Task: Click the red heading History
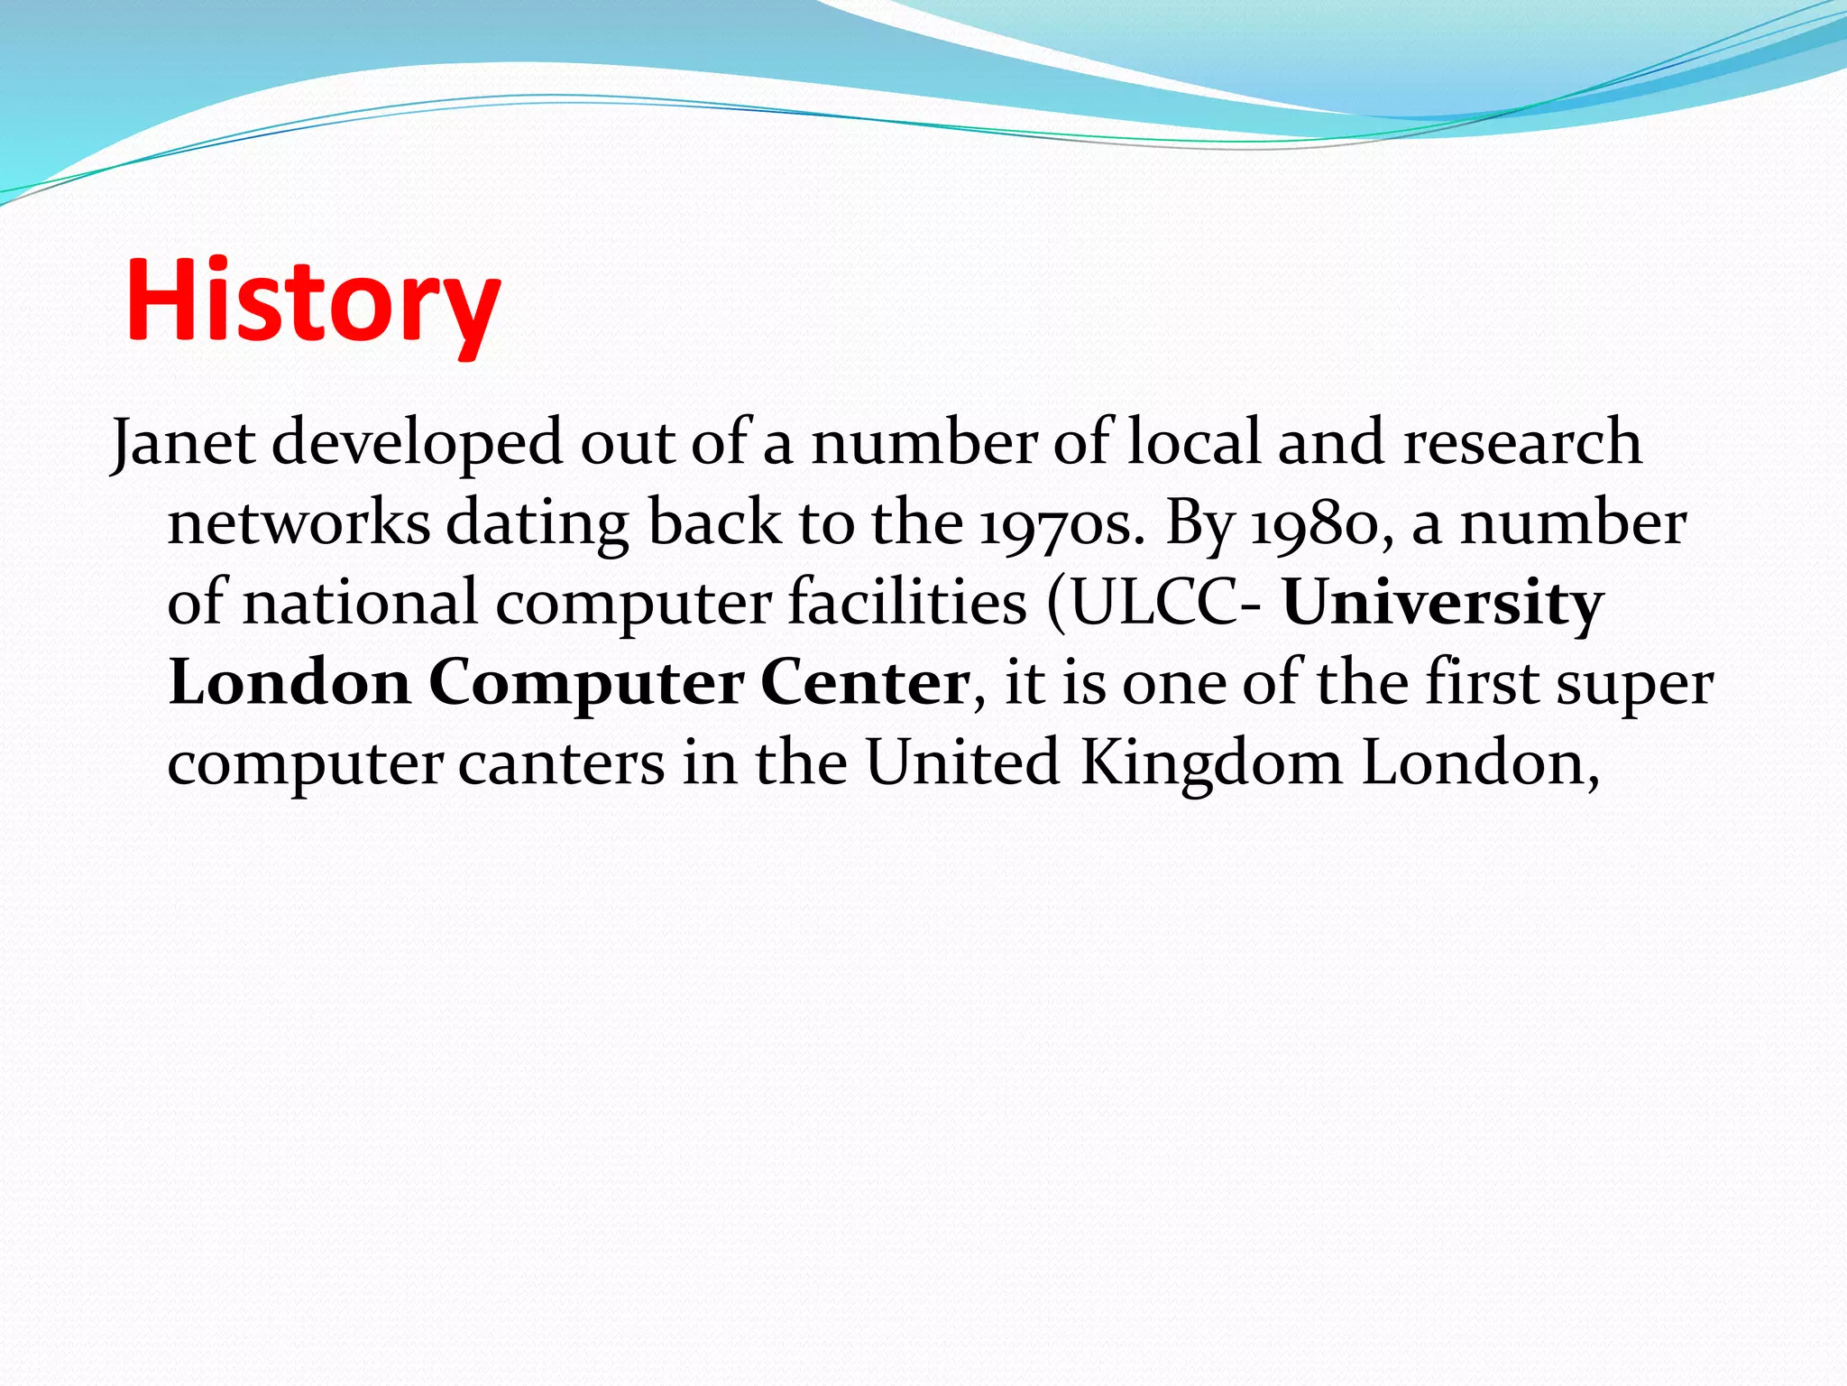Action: pos(313,300)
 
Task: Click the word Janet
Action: pos(183,443)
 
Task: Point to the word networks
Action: pos(299,523)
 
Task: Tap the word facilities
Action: pos(907,603)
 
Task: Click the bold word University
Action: pos(1443,603)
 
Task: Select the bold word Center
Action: pos(865,682)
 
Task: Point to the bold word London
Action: pos(289,682)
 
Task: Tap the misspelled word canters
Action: pos(561,763)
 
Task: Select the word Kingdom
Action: pos(1211,763)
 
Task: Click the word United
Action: pos(962,763)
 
